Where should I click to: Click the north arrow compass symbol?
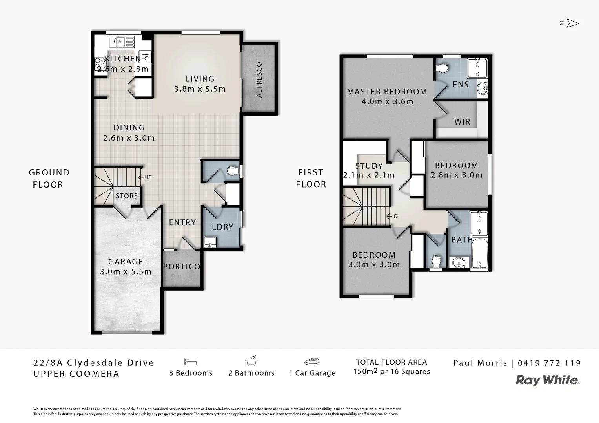click(572, 23)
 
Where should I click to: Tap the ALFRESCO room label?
click(259, 80)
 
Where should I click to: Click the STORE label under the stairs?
click(127, 196)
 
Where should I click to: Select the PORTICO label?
click(181, 267)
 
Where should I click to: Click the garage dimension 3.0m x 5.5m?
click(126, 272)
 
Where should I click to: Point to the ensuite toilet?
click(442, 68)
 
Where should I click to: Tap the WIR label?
click(462, 122)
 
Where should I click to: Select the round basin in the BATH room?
click(458, 262)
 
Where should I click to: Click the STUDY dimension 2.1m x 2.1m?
click(369, 175)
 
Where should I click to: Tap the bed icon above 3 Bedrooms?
click(191, 362)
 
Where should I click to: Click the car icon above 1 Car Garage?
click(312, 362)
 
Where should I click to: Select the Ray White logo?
click(547, 380)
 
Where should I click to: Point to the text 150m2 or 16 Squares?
click(391, 372)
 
